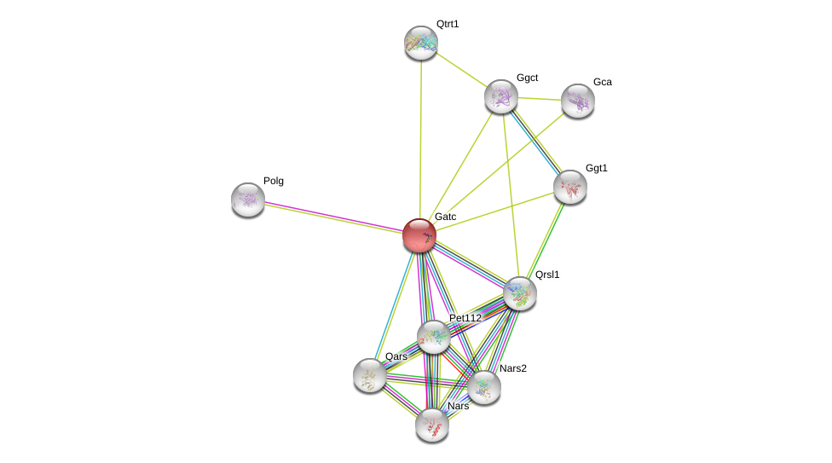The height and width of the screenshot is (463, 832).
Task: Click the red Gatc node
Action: (x=419, y=235)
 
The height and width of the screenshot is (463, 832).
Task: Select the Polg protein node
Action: (x=248, y=200)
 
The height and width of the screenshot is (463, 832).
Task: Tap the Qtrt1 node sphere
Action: (x=421, y=43)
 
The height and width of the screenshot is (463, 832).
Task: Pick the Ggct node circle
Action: (x=501, y=96)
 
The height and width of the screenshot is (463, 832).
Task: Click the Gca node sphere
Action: (x=578, y=101)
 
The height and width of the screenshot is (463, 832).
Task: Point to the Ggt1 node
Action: (x=570, y=187)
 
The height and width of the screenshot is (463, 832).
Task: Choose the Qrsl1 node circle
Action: (x=520, y=293)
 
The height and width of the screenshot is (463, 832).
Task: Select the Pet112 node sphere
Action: (x=434, y=337)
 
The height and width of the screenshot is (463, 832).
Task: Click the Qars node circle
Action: (x=370, y=375)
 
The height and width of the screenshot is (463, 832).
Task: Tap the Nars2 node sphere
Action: (x=484, y=387)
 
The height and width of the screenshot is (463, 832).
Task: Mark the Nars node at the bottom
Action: (x=432, y=425)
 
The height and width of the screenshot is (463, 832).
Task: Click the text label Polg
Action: (x=274, y=181)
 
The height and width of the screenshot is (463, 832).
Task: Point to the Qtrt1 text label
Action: (x=448, y=24)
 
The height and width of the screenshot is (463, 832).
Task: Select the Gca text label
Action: (x=603, y=82)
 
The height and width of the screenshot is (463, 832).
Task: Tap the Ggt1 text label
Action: (x=597, y=168)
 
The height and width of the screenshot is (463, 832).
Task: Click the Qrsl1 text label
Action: (x=547, y=275)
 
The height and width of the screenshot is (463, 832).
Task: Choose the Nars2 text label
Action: (x=513, y=368)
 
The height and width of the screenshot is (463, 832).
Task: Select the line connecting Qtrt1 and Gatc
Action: (x=420, y=136)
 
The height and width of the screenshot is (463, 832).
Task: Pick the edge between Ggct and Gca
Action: (x=540, y=99)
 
